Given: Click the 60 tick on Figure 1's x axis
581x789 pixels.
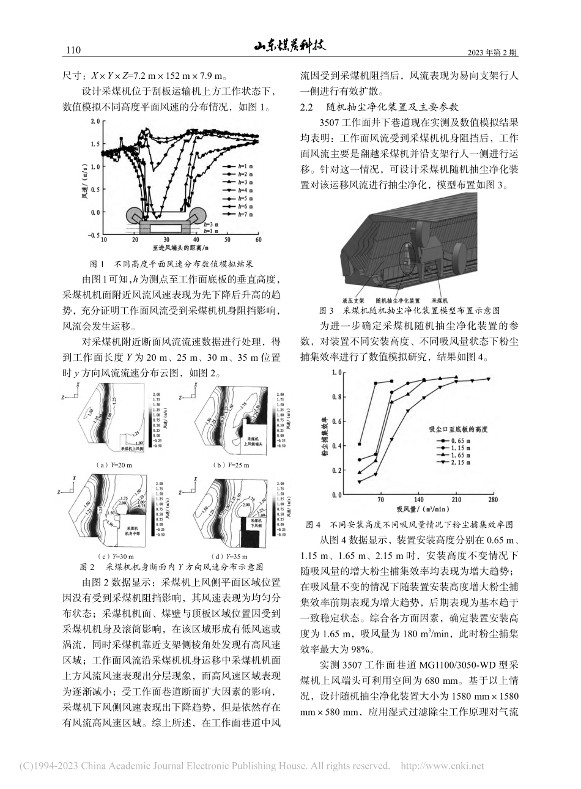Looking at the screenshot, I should click(x=258, y=240).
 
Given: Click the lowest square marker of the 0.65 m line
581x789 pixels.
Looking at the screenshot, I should click(x=359, y=444).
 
